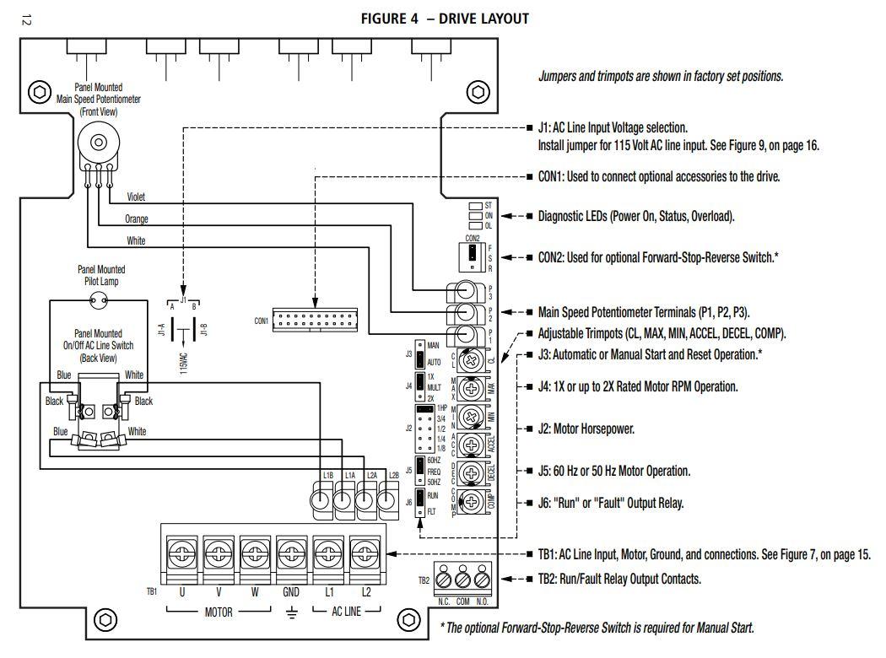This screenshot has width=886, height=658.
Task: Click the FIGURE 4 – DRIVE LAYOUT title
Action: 445,19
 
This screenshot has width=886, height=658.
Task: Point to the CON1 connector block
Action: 314,321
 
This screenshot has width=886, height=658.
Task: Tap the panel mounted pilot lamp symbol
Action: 100,298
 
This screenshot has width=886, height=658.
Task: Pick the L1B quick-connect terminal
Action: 321,503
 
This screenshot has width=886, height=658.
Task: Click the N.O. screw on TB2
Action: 481,581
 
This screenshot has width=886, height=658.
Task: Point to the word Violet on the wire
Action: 136,197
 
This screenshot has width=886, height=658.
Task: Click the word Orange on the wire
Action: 137,218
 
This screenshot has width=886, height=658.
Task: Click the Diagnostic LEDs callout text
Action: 636,216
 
